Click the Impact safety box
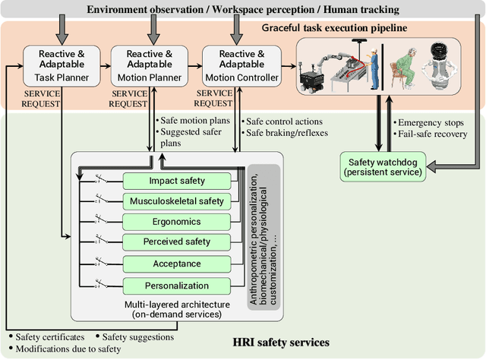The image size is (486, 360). pyautogui.click(x=176, y=182)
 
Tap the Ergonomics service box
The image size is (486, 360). pyautogui.click(x=176, y=223)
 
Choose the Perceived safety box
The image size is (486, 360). pyautogui.click(x=176, y=243)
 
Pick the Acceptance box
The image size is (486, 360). pyautogui.click(x=176, y=264)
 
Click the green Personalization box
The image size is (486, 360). pyautogui.click(x=176, y=286)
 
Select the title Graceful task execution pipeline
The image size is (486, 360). pyautogui.click(x=333, y=28)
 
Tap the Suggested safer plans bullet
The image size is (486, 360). pyautogui.click(x=183, y=137)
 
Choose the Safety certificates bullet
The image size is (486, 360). pyautogui.click(x=47, y=337)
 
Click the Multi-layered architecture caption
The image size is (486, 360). pyautogui.click(x=176, y=309)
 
